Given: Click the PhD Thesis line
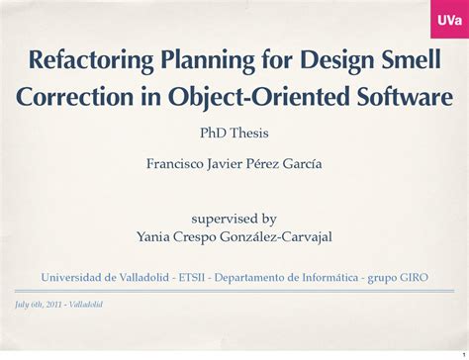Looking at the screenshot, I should tap(234, 133).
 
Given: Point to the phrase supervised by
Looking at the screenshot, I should tap(234, 219).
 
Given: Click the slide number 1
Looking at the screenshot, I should tap(461, 348).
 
